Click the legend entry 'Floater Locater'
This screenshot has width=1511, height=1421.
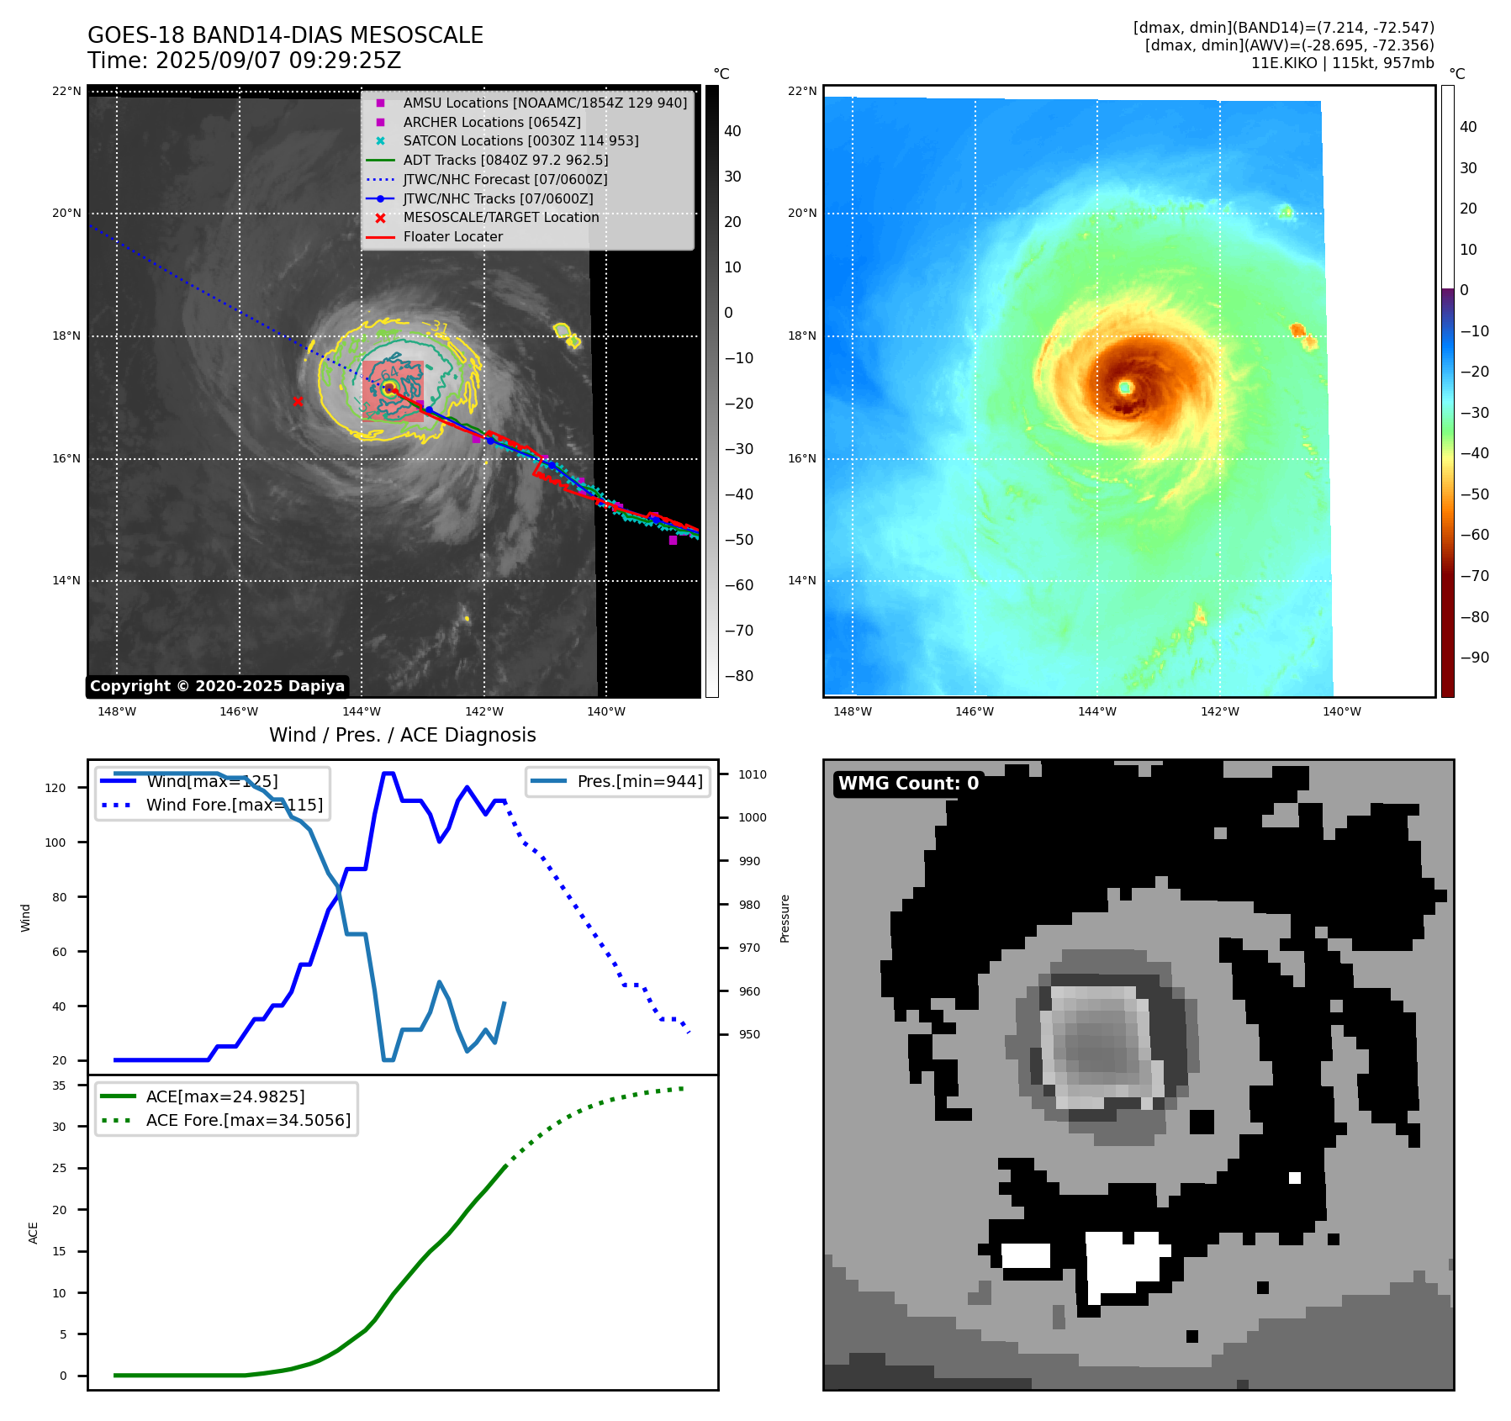point(452,237)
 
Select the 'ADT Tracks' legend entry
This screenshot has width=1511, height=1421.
point(505,160)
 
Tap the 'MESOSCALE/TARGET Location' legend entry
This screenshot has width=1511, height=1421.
point(501,218)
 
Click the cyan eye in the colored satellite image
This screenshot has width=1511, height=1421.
point(1125,388)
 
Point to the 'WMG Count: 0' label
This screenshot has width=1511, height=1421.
point(908,784)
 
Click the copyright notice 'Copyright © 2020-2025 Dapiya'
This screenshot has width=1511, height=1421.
point(217,686)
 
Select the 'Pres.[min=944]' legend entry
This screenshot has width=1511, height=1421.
point(639,781)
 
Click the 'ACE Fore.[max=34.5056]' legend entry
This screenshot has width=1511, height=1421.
point(248,1120)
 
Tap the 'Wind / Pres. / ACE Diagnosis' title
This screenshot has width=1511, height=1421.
point(402,735)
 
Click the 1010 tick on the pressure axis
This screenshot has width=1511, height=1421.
point(753,774)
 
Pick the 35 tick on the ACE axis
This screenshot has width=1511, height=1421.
point(59,1086)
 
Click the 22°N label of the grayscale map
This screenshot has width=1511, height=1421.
point(66,91)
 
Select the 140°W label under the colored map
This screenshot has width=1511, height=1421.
point(1341,711)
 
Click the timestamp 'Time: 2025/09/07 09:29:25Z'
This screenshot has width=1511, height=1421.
point(244,61)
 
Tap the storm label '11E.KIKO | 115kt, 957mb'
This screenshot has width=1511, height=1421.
point(1342,63)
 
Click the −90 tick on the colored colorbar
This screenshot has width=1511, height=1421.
point(1474,658)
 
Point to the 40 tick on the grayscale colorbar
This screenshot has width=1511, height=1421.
point(732,131)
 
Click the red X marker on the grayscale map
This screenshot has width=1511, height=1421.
point(298,401)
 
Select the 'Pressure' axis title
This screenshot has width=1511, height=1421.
point(785,918)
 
